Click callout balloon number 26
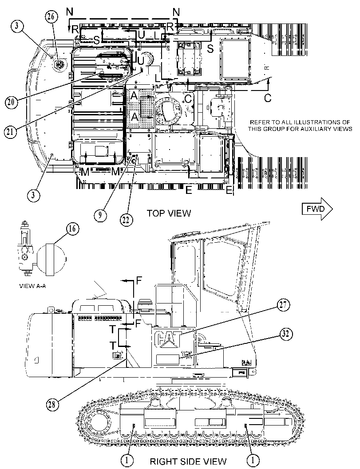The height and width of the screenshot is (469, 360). coord(51,16)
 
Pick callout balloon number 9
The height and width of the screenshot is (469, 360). coord(100,214)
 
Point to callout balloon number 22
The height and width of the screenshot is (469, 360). coord(126,220)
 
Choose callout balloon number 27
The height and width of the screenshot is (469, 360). coord(283,305)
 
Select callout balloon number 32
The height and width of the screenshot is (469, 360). coord(286,334)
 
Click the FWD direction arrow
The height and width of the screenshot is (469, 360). coord(317,209)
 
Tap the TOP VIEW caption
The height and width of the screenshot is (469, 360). coord(169,213)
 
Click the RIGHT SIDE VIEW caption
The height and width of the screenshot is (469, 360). coord(188,461)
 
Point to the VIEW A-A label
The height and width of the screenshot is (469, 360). coord(32,286)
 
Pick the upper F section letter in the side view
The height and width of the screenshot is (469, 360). coord(139,280)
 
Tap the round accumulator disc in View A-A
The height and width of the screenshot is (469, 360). coord(50,259)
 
